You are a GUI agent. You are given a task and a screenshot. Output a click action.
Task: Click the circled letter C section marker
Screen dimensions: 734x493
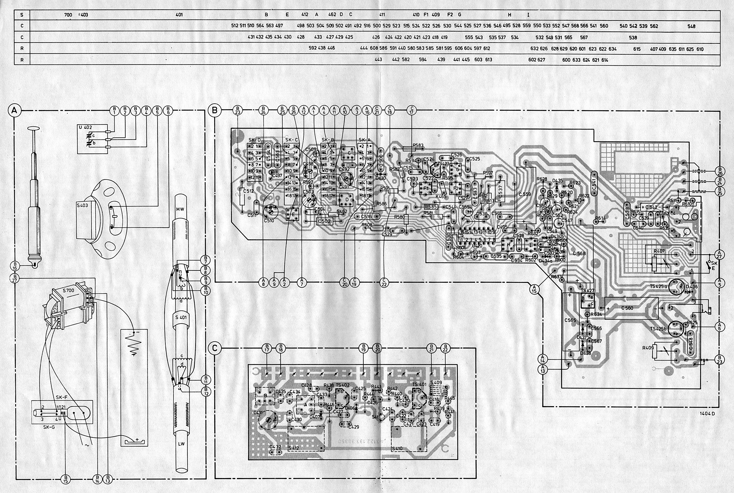(x=215, y=348)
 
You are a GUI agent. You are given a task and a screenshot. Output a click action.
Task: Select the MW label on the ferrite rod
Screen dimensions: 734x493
(x=181, y=209)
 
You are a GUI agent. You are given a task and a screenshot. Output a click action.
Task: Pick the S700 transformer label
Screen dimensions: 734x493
(x=68, y=290)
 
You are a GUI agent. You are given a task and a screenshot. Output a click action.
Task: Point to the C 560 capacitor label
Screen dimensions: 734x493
(x=627, y=308)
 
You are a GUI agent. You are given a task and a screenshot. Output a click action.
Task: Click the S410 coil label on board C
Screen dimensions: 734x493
(x=397, y=448)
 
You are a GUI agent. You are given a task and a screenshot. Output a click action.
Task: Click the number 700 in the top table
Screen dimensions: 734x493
(x=68, y=15)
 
